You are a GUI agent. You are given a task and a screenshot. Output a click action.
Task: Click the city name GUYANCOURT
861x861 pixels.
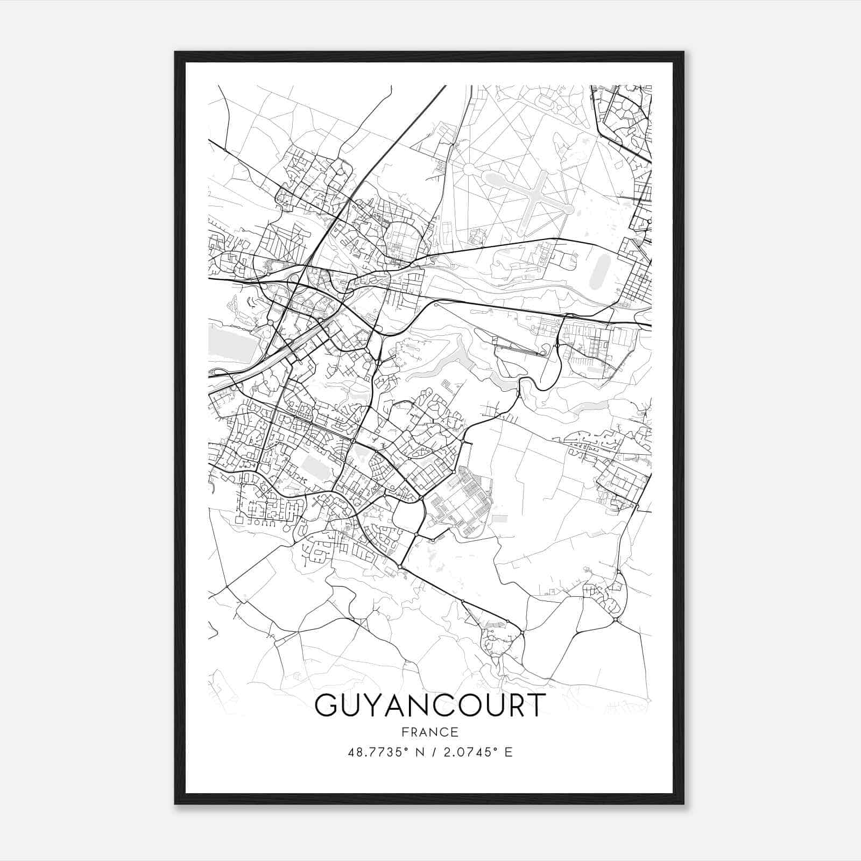pyautogui.click(x=429, y=705)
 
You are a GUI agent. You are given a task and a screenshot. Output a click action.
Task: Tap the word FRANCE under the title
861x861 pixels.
pyautogui.click(x=429, y=732)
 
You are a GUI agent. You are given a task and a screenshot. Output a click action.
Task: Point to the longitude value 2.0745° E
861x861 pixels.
pyautogui.click(x=476, y=752)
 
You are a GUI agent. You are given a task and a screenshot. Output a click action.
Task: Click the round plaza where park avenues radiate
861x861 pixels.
pyautogui.click(x=468, y=170)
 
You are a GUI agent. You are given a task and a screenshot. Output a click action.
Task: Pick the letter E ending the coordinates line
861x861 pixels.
pyautogui.click(x=509, y=752)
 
